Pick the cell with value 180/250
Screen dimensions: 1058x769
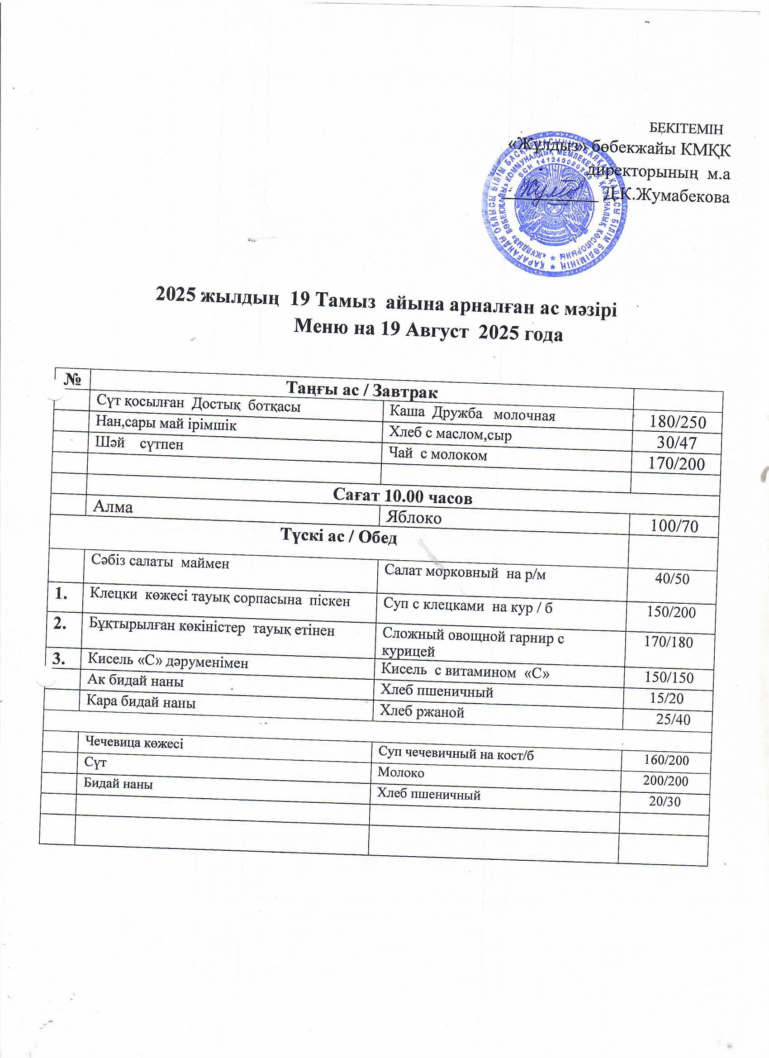tap(678, 422)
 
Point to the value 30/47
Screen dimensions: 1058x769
tap(677, 442)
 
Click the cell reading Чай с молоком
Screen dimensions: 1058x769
tap(438, 454)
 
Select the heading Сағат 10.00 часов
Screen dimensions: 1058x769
tap(403, 498)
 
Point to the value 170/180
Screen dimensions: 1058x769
tap(668, 643)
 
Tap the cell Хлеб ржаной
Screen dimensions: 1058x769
tap(422, 711)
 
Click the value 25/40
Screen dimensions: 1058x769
tap(673, 720)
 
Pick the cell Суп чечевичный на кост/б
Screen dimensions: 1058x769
tap(456, 753)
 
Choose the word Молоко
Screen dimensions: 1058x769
tap(401, 772)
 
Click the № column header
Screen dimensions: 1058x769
tap(72, 380)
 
